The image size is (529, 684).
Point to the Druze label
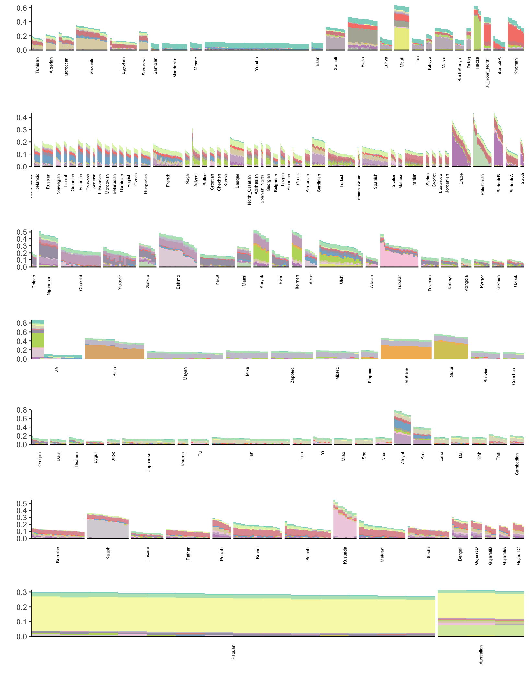click(461, 179)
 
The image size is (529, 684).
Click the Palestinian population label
click(482, 184)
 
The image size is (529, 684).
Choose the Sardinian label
click(319, 183)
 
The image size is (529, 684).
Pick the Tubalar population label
click(399, 282)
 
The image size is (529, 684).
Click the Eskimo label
click(178, 282)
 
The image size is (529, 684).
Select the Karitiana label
click(406, 376)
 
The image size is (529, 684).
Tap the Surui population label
click(451, 372)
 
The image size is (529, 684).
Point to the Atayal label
click(403, 458)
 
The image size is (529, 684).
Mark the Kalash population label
click(108, 553)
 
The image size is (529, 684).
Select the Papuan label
click(233, 652)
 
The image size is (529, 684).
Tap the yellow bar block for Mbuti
click(402, 39)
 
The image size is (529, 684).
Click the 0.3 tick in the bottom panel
click(22, 592)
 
